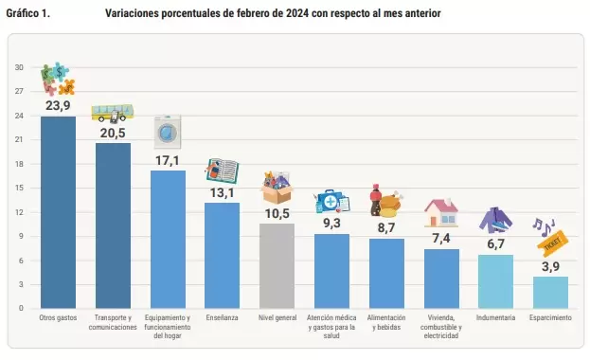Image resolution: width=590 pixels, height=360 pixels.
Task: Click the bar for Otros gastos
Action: click(x=58, y=212)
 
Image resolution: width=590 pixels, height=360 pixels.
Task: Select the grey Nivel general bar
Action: click(x=277, y=266)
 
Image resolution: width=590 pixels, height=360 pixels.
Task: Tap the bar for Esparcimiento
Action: click(x=550, y=293)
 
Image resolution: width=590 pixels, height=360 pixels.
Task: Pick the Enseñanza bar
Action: click(x=222, y=256)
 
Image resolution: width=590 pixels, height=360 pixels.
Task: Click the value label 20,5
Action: click(x=113, y=134)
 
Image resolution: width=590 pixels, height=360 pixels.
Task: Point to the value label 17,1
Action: click(x=168, y=161)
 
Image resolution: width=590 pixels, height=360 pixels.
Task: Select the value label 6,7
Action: click(x=495, y=244)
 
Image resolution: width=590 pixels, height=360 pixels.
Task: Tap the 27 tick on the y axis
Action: click(x=19, y=91)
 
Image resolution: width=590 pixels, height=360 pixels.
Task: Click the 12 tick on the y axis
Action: click(x=19, y=212)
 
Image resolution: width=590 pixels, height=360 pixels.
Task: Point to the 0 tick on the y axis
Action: click(x=21, y=308)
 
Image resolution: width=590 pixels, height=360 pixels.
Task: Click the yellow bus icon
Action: click(x=113, y=114)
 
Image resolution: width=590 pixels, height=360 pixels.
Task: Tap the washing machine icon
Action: click(x=168, y=132)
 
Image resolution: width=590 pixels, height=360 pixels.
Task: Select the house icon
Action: click(x=441, y=213)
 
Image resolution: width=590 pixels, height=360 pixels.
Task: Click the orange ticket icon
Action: click(x=552, y=241)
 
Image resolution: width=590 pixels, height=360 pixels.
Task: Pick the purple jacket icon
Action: click(x=495, y=220)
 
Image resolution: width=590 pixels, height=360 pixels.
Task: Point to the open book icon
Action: click(x=222, y=171)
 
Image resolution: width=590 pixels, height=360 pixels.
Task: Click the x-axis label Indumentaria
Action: click(x=495, y=317)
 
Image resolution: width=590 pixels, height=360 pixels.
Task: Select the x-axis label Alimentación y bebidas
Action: click(x=386, y=322)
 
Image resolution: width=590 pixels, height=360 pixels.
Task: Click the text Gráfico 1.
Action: click(x=27, y=13)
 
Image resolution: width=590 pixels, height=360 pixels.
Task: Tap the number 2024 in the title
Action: click(x=297, y=13)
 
